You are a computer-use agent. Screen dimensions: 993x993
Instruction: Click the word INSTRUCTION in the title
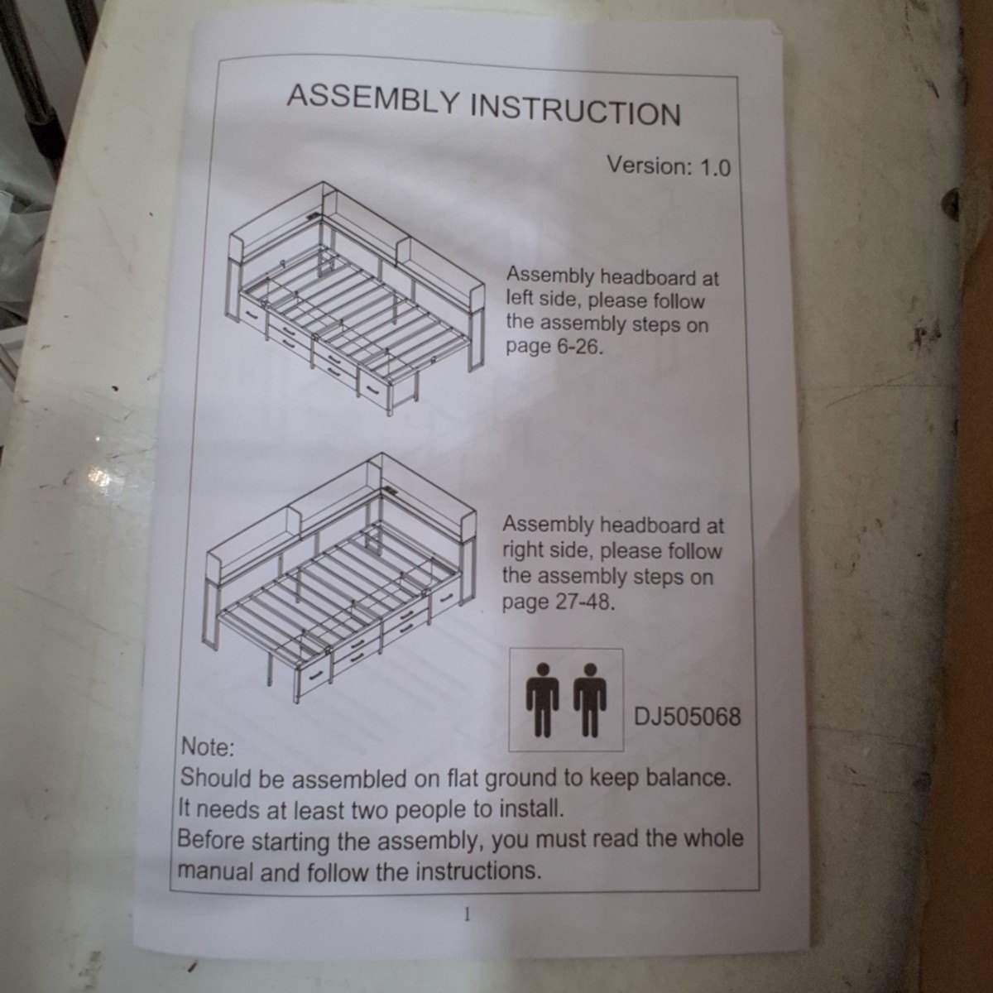pos(576,113)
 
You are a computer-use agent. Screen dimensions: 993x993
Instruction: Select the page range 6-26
pos(578,347)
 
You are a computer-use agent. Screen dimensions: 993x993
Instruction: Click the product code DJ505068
pos(687,717)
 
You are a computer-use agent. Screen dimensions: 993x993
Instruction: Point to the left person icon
pos(542,699)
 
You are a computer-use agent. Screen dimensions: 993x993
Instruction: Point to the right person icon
pos(590,699)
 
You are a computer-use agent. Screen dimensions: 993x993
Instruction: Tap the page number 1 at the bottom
pos(468,915)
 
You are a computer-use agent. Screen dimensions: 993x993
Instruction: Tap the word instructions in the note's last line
pos(479,871)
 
